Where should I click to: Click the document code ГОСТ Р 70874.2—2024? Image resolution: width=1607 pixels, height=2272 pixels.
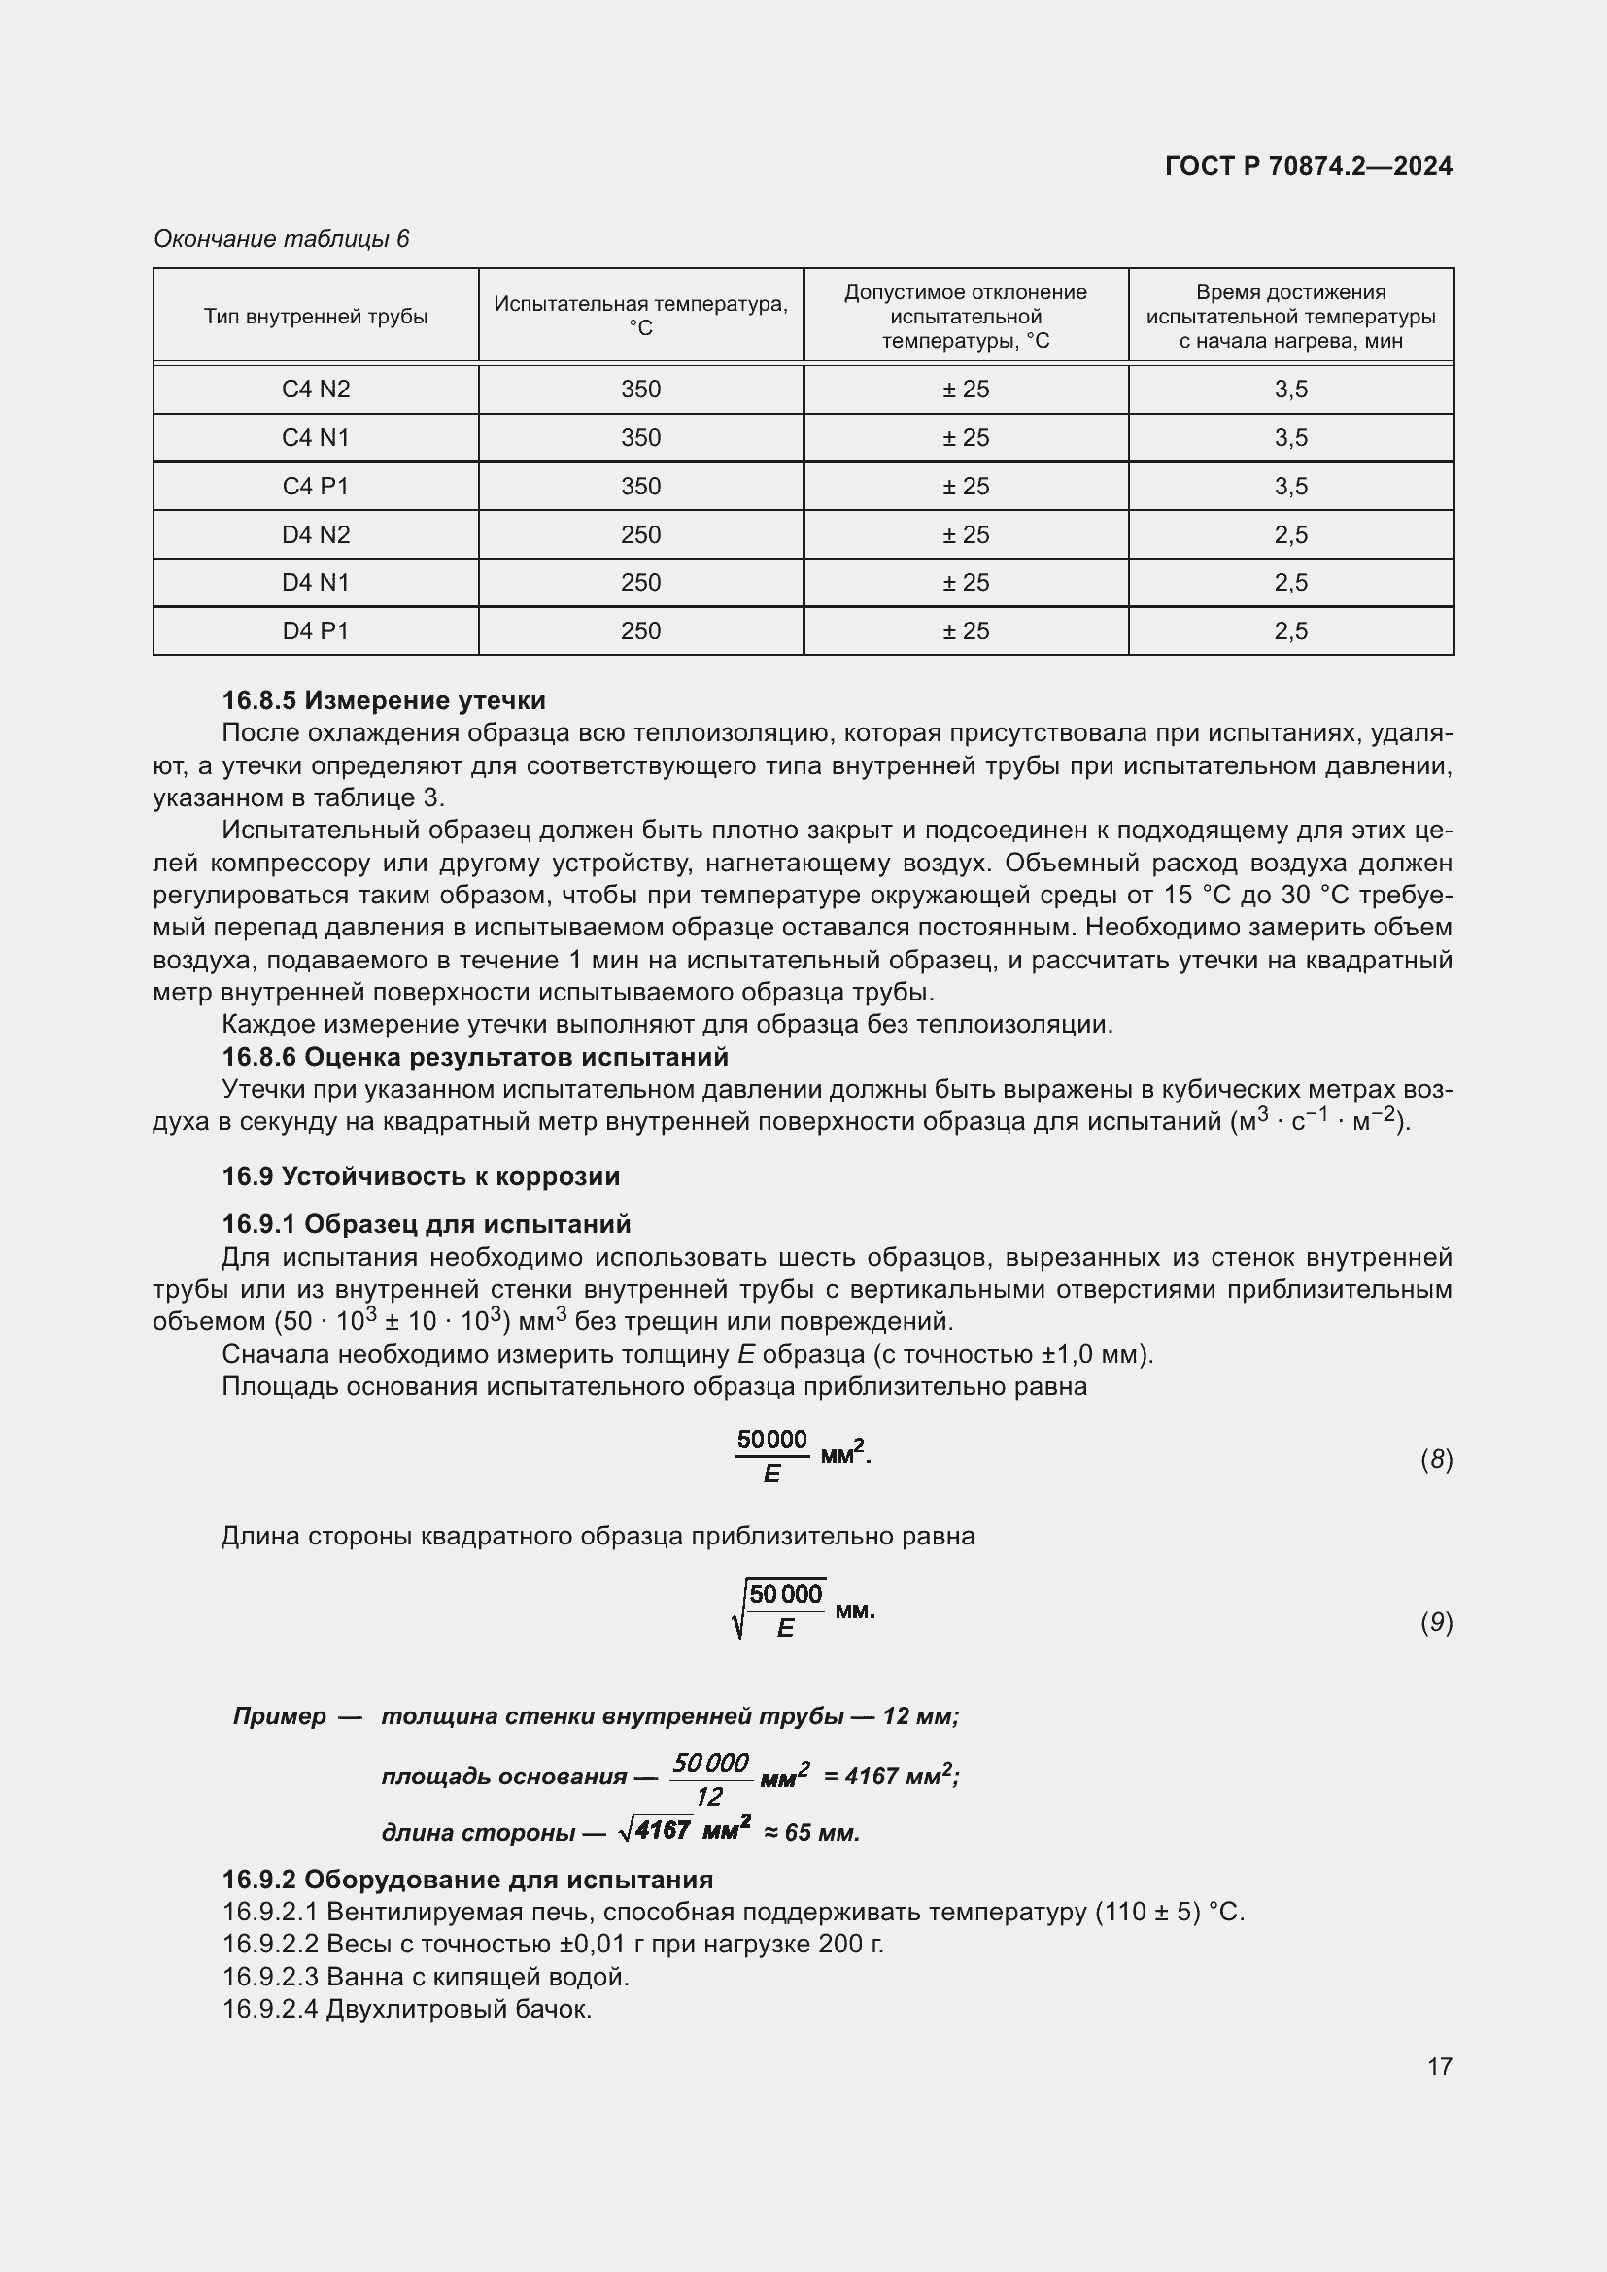tap(1308, 166)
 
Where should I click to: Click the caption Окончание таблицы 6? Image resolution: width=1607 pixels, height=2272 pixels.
tap(281, 239)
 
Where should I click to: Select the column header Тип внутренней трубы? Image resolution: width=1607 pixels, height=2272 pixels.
tap(316, 317)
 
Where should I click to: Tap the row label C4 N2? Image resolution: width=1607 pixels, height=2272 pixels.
tap(316, 389)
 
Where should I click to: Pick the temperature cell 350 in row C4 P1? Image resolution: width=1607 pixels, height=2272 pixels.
tap(640, 486)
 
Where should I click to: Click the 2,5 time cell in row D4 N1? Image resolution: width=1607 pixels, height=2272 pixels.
tap(1290, 582)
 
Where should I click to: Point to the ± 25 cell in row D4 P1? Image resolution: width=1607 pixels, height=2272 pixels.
tap(965, 630)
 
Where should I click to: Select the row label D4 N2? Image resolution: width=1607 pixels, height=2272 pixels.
tap(316, 534)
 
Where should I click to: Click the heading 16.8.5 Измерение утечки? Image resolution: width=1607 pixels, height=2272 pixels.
tap(384, 700)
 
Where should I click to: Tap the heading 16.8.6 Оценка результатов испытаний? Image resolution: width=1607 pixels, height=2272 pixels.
tap(475, 1057)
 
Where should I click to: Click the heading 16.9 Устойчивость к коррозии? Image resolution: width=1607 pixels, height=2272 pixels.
tap(421, 1176)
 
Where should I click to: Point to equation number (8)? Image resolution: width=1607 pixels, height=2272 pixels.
tap(1436, 1460)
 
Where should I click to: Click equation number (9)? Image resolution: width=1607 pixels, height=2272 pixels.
tap(1436, 1622)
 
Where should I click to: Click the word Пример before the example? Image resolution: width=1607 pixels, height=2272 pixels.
tap(279, 1715)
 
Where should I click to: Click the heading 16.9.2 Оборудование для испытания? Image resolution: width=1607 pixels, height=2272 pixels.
tap(467, 1880)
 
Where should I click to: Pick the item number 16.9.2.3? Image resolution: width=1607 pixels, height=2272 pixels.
tap(270, 1977)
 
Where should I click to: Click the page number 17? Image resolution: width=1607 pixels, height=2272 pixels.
tap(1440, 2066)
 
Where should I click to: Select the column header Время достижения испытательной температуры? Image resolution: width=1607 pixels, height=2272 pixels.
tap(1290, 317)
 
